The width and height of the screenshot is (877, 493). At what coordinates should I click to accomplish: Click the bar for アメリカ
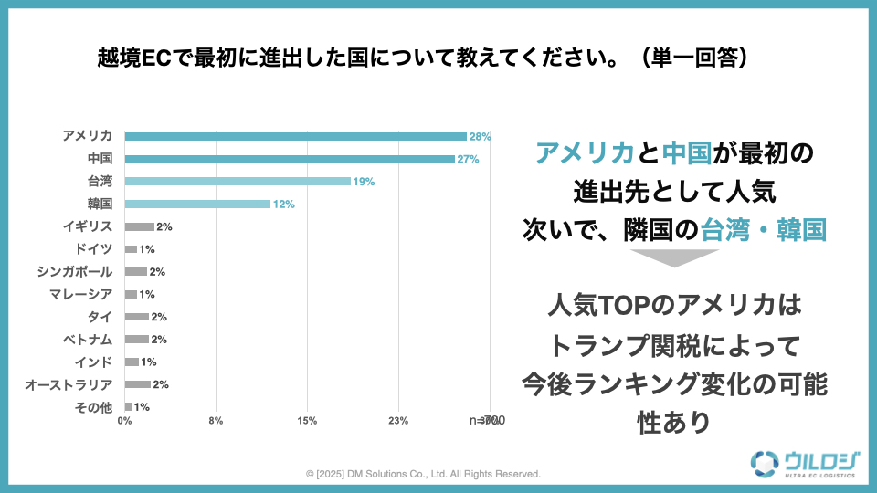(x=295, y=136)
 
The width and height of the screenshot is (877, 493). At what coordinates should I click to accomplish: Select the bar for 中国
(x=290, y=159)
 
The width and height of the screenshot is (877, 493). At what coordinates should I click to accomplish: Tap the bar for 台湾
(x=238, y=181)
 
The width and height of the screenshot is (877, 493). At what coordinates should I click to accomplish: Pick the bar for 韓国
(x=197, y=204)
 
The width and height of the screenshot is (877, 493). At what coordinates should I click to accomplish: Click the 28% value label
(x=480, y=136)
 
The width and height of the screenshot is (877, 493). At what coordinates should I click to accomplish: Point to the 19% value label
(x=364, y=182)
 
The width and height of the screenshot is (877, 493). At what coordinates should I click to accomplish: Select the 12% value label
(x=283, y=205)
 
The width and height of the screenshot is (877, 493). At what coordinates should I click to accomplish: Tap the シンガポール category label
(x=75, y=271)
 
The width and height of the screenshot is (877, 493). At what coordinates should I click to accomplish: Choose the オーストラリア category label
(x=69, y=384)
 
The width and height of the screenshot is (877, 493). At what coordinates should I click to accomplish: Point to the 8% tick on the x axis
(x=216, y=421)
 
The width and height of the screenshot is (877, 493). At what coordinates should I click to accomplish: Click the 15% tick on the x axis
(x=307, y=421)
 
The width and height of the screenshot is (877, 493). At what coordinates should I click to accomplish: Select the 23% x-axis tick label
(x=398, y=421)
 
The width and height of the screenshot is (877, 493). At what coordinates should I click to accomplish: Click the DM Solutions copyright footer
(x=423, y=474)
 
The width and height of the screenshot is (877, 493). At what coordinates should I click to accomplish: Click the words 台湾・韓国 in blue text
(x=763, y=228)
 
